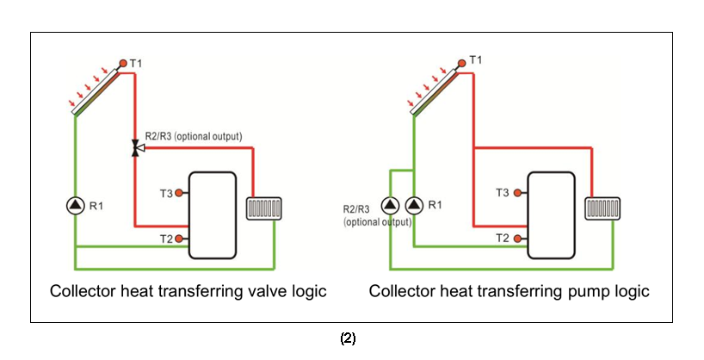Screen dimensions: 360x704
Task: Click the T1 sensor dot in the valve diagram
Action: pos(123,63)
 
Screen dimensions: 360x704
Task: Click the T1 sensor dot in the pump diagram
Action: pos(462,62)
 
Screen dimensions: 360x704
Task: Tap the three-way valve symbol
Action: pos(135,149)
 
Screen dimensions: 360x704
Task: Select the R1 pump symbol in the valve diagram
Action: pos(75,205)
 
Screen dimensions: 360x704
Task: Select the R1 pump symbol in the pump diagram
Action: pos(414,205)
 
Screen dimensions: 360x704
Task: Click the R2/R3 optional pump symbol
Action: pos(391,205)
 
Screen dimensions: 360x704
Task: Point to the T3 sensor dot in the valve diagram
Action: pos(179,193)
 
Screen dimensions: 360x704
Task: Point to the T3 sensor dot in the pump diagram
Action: pos(518,193)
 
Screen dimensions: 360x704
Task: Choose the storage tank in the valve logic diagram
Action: pos(213,215)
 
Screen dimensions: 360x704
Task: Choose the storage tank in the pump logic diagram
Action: pos(552,215)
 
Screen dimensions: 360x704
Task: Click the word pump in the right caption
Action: pos(576,291)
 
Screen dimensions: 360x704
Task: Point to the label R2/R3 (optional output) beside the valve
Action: pos(193,136)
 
